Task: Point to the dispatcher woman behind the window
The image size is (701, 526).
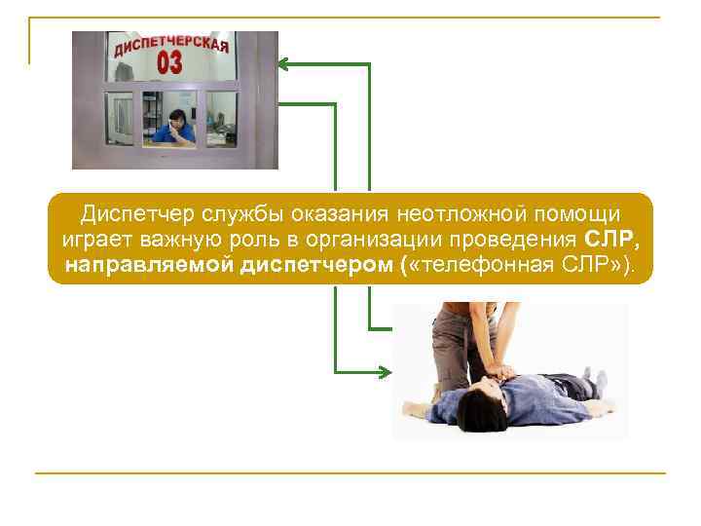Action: click(176, 125)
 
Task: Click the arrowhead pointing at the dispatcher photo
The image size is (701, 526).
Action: click(284, 64)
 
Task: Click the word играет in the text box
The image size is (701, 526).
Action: click(92, 240)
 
